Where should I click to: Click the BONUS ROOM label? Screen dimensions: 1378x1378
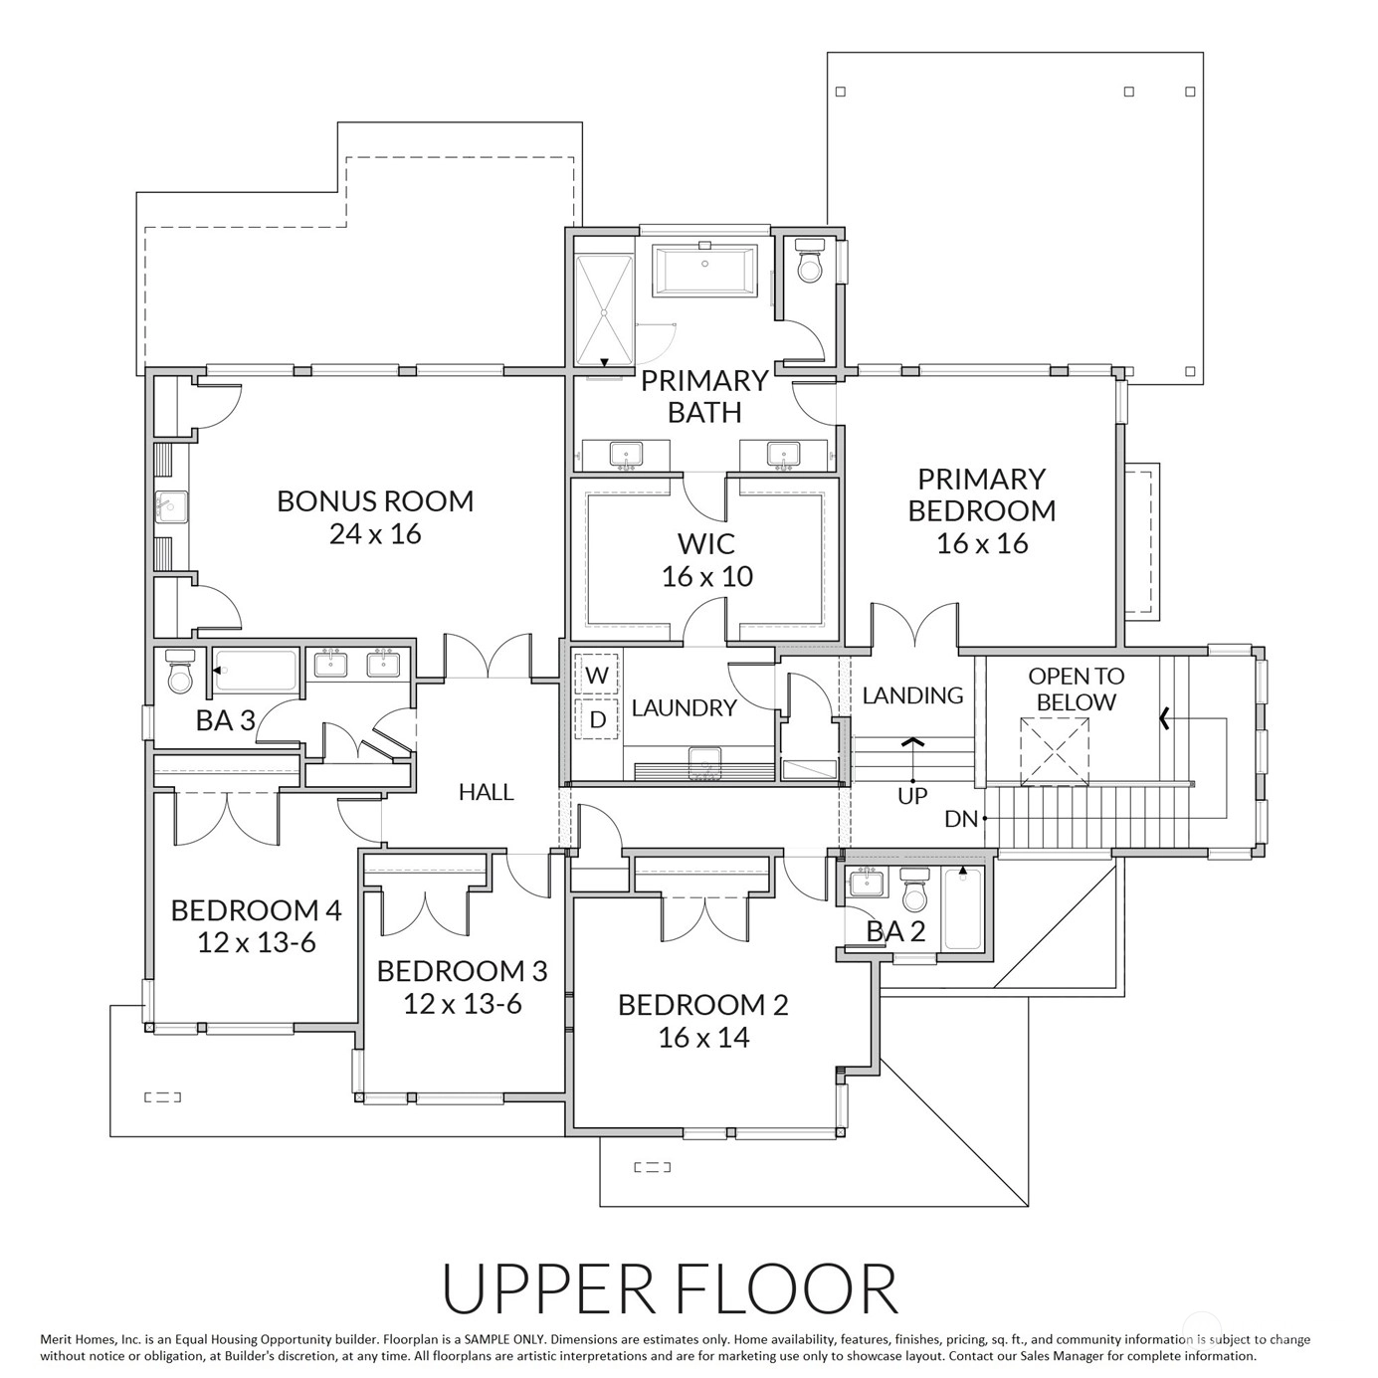pyautogui.click(x=375, y=501)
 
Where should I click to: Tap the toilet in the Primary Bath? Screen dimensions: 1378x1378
pyautogui.click(x=810, y=262)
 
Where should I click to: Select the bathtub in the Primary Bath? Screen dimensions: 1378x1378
pyautogui.click(x=704, y=270)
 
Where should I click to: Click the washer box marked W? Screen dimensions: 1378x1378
pyautogui.click(x=596, y=674)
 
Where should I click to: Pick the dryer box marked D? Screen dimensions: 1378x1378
pyautogui.click(x=596, y=718)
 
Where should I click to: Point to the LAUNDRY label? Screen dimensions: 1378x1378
pyautogui.click(x=684, y=708)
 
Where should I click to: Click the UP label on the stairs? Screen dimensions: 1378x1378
pyautogui.click(x=911, y=796)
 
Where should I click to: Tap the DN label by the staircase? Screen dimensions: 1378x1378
pyautogui.click(x=960, y=819)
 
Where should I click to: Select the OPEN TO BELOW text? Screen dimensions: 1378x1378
pyautogui.click(x=1076, y=689)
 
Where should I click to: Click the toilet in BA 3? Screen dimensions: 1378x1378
pyautogui.click(x=179, y=672)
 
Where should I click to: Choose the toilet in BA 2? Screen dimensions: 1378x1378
pyautogui.click(x=914, y=889)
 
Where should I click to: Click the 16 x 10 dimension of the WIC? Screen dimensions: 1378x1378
pyautogui.click(x=706, y=576)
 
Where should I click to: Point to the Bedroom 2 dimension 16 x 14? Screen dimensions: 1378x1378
pyautogui.click(x=703, y=1037)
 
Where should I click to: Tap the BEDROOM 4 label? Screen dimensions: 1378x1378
pyautogui.click(x=256, y=910)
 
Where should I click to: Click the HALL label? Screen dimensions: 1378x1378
pyautogui.click(x=487, y=792)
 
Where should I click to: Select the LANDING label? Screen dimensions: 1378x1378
pyautogui.click(x=912, y=695)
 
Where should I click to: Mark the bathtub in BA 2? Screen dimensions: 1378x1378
pyautogui.click(x=962, y=907)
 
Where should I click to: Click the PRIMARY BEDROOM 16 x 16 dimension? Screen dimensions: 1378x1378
pyautogui.click(x=982, y=543)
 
